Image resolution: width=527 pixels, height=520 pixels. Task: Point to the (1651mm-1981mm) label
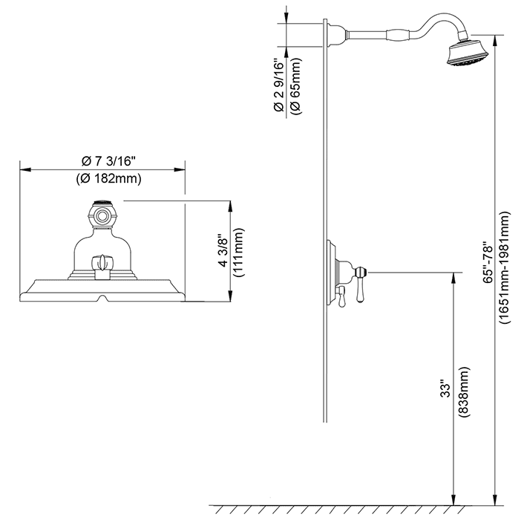[x=505, y=264]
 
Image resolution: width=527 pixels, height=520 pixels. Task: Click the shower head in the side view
[x=463, y=56]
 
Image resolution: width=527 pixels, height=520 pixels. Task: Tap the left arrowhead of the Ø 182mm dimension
[x=23, y=170]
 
